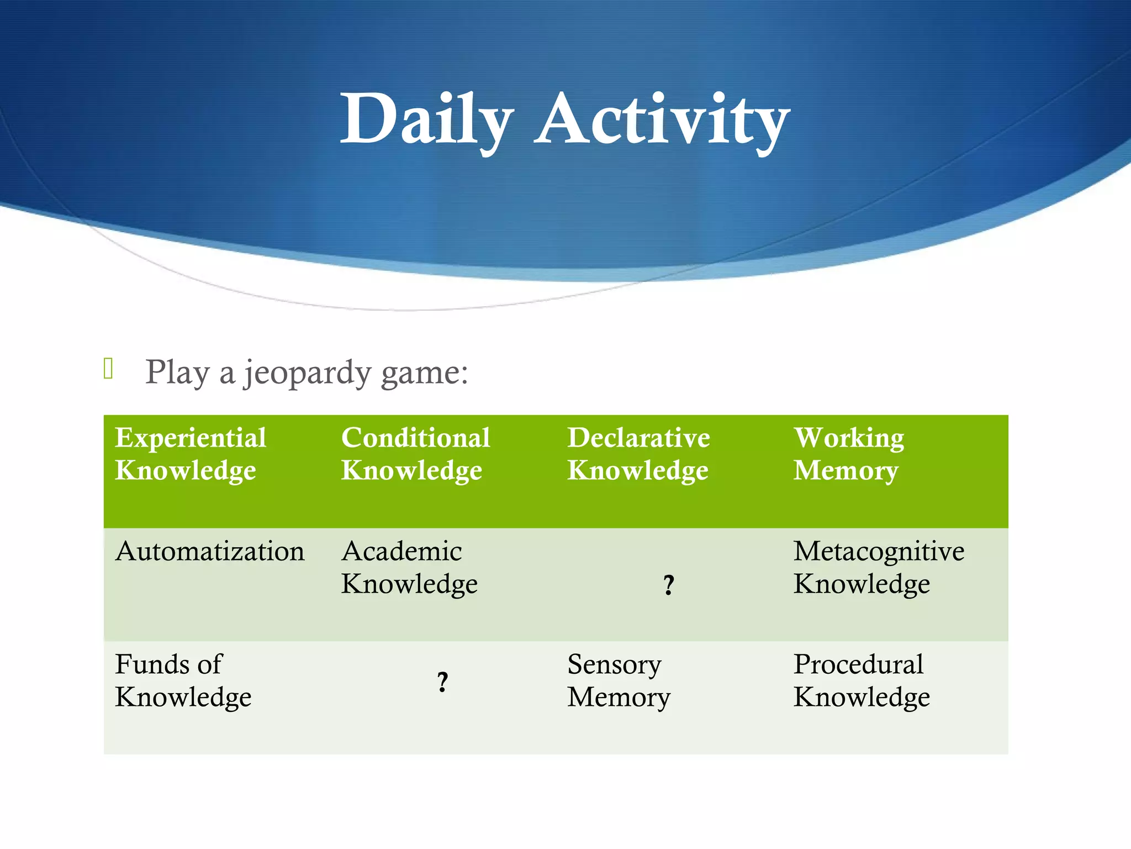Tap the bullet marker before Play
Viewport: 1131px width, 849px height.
coord(108,369)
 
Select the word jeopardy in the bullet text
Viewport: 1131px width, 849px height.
coord(307,373)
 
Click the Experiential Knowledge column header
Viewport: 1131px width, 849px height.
coord(191,454)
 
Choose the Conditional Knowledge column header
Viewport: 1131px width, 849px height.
coord(415,454)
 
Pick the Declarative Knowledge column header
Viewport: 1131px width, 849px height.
coord(638,454)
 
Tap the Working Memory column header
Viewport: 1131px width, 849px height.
coord(848,454)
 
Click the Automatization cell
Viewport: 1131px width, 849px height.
coord(210,552)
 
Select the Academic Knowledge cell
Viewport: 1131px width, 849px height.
coord(409,567)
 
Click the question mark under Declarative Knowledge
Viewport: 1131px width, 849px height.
coord(668,585)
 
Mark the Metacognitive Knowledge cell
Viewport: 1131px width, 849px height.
coord(878,567)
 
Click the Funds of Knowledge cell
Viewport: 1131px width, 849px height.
coord(183,680)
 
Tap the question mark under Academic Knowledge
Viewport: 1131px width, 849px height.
coord(442,682)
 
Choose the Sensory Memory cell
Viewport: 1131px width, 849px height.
coord(619,680)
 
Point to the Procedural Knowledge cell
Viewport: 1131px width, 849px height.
coord(862,680)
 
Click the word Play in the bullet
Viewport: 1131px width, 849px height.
coord(177,372)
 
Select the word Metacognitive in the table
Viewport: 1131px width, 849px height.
coord(878,552)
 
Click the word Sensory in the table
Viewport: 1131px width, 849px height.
coord(614,664)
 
